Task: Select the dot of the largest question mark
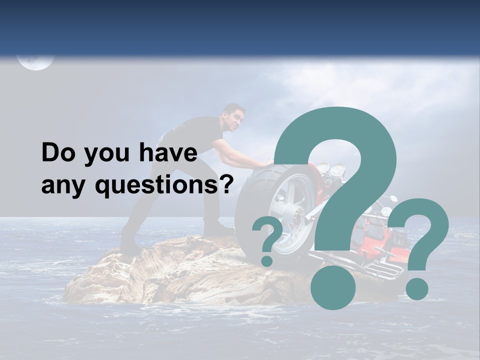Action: point(332,287)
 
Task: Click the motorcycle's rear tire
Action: point(265,210)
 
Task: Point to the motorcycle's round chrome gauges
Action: point(330,169)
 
